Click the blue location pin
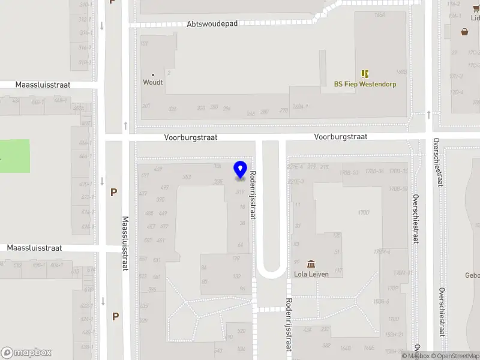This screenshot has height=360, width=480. pos(241,170)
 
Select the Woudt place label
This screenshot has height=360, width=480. pos(152,82)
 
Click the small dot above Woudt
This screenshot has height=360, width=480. pos(152,75)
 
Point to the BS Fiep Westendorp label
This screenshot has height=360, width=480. pos(365,84)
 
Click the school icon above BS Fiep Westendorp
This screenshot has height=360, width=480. pos(365,74)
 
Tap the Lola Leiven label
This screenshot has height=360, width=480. pos(311,274)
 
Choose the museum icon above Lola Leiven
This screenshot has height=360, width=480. pos(311,264)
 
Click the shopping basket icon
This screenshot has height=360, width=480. pos(464,32)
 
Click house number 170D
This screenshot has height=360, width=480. pos(363,212)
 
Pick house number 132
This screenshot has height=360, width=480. pos(236,276)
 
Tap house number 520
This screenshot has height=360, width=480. pos(241,331)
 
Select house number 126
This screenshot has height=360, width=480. pos(236,259)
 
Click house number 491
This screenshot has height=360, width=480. pos(145,175)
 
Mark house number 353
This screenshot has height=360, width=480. pos(187,177)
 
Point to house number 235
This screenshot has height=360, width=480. pos(218,181)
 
